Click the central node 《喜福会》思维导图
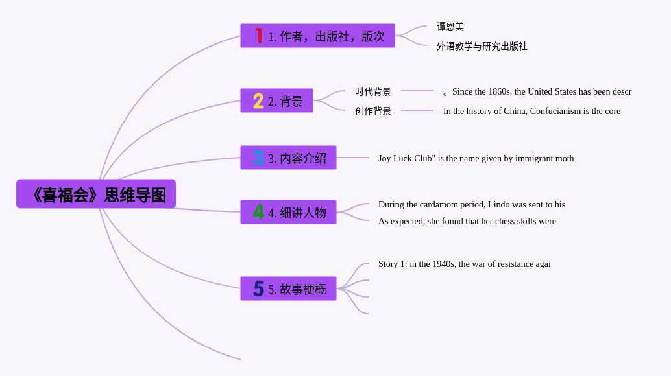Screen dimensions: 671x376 [x=96, y=194]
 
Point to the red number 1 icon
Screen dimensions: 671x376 [x=258, y=36]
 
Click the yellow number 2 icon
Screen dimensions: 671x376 [x=258, y=101]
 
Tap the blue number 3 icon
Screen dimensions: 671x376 [x=258, y=158]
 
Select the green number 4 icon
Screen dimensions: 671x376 [x=258, y=213]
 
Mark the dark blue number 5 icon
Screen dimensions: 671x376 [x=258, y=289]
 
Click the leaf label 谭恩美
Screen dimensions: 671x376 [x=450, y=27]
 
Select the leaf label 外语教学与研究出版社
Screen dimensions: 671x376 [x=482, y=47]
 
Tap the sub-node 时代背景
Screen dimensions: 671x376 [x=372, y=92]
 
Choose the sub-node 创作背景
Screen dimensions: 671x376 [x=372, y=111]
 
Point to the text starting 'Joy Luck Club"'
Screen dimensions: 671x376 [x=476, y=158]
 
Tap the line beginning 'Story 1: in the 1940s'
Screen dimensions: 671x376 [x=464, y=264]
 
